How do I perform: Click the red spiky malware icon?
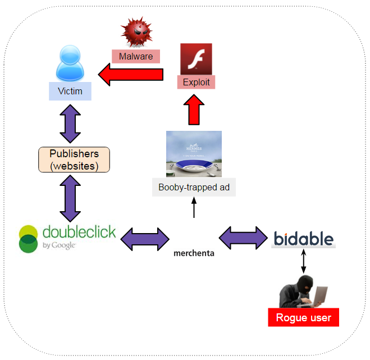pyautogui.click(x=135, y=31)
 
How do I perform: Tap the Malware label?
pyautogui.click(x=136, y=57)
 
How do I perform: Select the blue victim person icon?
pyautogui.click(x=71, y=65)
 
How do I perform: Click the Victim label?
pyautogui.click(x=70, y=91)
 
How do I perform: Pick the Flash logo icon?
pyautogui.click(x=196, y=58)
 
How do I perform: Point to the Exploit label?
pyautogui.click(x=196, y=83)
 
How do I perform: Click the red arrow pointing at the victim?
pyautogui.click(x=131, y=75)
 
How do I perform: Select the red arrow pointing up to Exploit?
pyautogui.click(x=193, y=110)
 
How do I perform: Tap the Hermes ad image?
pyautogui.click(x=194, y=154)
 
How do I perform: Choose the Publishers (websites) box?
pyautogui.click(x=74, y=160)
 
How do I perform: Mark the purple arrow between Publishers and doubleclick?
pyautogui.click(x=70, y=197)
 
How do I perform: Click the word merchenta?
pyautogui.click(x=194, y=253)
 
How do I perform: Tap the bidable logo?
pyautogui.click(x=303, y=238)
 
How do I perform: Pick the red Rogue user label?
pyautogui.click(x=304, y=318)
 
